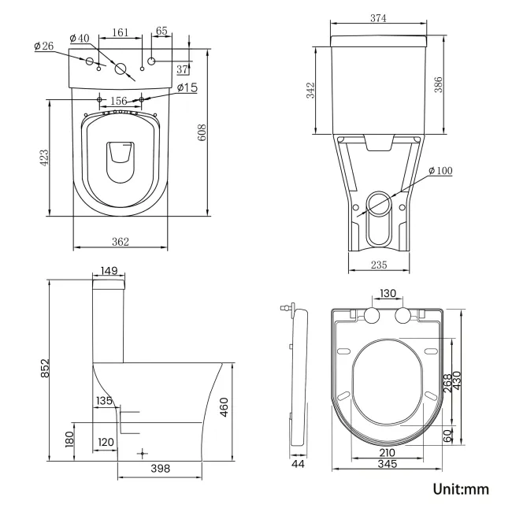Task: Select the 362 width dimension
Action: click(120, 241)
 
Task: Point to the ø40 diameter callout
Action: click(79, 39)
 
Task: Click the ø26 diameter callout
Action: click(43, 46)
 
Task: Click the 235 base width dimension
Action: click(379, 265)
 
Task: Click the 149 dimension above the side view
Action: click(109, 271)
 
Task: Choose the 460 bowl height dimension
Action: click(224, 409)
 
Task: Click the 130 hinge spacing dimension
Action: click(388, 293)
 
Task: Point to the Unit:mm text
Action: click(461, 489)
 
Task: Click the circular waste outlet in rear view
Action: click(379, 205)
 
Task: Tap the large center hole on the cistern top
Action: click(121, 69)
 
